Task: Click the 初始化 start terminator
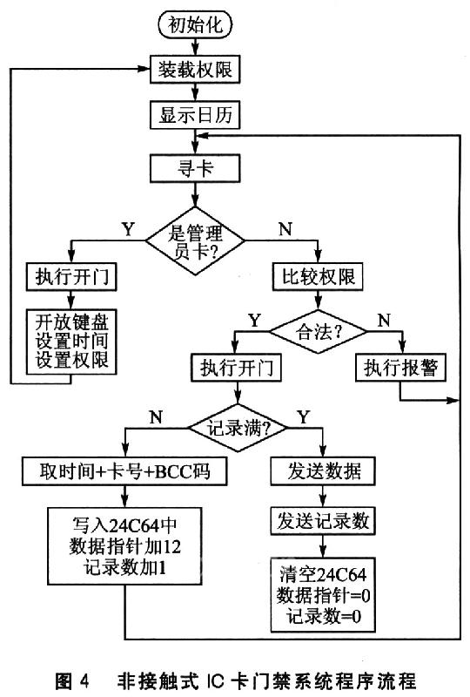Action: click(x=195, y=25)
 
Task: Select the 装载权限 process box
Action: click(x=195, y=70)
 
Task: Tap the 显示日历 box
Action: click(x=195, y=115)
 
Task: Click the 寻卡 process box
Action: click(x=195, y=168)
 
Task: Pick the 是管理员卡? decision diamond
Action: click(x=195, y=241)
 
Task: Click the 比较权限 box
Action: click(x=318, y=277)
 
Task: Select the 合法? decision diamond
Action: click(x=318, y=332)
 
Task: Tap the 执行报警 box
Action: click(x=400, y=368)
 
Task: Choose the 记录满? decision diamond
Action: click(x=238, y=428)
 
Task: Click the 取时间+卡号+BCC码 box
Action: click(x=124, y=471)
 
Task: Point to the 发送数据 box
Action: click(x=323, y=471)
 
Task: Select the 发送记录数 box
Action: click(x=323, y=521)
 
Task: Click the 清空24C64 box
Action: click(x=323, y=595)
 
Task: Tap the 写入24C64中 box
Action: click(x=124, y=546)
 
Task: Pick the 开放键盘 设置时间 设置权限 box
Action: click(x=71, y=342)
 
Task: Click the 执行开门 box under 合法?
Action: click(x=236, y=368)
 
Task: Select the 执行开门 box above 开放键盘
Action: click(x=71, y=277)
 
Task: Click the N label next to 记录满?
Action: click(x=156, y=417)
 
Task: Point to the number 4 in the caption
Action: click(x=84, y=680)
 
